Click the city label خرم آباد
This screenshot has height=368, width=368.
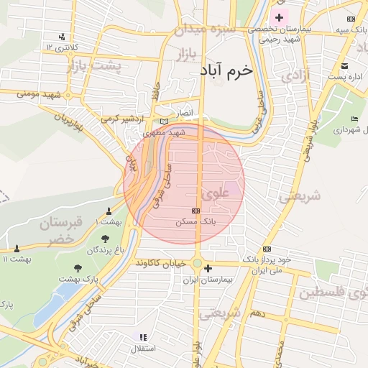pyautogui.click(x=229, y=73)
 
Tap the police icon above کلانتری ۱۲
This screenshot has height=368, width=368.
pyautogui.click(x=63, y=37)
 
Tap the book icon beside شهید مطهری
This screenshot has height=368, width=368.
pyautogui.click(x=165, y=123)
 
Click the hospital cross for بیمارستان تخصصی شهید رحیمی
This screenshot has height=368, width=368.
pyautogui.click(x=279, y=17)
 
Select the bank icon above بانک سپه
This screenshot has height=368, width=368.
pyautogui.click(x=350, y=19)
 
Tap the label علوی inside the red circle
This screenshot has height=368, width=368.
pyautogui.click(x=216, y=194)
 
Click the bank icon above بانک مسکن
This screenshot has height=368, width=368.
pyautogui.click(x=195, y=211)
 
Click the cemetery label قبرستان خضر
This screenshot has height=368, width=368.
pyautogui.click(x=61, y=230)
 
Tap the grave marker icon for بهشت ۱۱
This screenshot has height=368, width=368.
pyautogui.click(x=17, y=248)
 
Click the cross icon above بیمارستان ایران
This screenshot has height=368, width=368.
pyautogui.click(x=208, y=269)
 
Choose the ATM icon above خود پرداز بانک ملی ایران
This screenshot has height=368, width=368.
pyautogui.click(x=267, y=249)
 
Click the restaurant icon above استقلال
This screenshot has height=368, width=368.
pyautogui.click(x=142, y=336)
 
